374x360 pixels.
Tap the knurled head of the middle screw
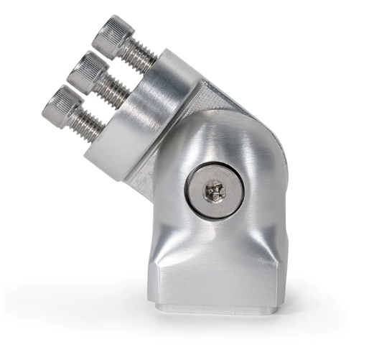click(x=85, y=71)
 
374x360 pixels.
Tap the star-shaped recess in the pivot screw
click(x=214, y=190)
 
